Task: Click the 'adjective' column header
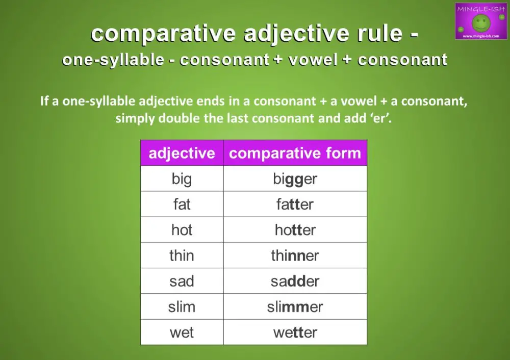point(182,153)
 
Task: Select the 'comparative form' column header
point(295,153)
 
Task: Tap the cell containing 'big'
point(182,179)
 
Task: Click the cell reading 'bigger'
point(295,179)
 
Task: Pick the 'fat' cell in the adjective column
point(182,204)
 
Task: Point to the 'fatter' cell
point(295,204)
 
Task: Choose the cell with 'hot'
point(182,230)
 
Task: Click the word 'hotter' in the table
point(295,230)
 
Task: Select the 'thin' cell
point(182,255)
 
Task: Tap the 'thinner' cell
point(295,255)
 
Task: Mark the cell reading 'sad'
point(182,281)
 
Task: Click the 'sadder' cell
point(295,281)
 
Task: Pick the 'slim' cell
point(182,307)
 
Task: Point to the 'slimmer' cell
point(295,307)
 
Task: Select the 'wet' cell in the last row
point(182,332)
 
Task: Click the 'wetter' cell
point(295,332)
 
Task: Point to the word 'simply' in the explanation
point(135,119)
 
